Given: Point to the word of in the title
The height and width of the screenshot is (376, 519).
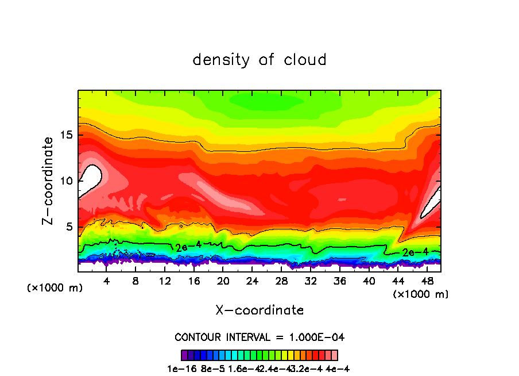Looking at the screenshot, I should click(266, 60).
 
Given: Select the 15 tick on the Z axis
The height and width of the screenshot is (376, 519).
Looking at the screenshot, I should click(66, 135).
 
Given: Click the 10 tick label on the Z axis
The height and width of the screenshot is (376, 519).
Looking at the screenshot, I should click(66, 181).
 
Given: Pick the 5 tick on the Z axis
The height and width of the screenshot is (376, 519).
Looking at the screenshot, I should click(69, 227).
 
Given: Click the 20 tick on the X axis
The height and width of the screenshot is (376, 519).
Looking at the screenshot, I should click(223, 282).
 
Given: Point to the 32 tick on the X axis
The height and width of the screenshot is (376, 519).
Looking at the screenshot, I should click(310, 282).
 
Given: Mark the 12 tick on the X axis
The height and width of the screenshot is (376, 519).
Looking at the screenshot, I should click(165, 282).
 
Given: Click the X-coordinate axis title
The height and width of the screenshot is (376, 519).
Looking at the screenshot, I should click(259, 310).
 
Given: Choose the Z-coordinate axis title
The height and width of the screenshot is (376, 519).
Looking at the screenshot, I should click(49, 181).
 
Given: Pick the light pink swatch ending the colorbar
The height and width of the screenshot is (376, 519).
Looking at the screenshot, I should click(334, 355).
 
